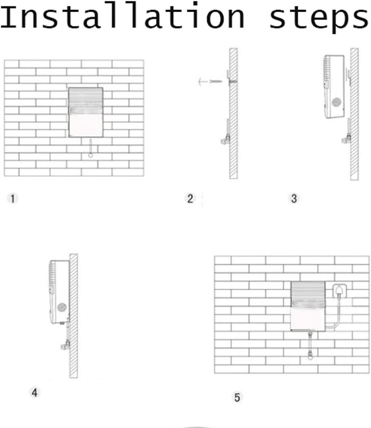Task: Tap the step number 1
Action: click(x=13, y=198)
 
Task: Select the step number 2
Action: click(x=190, y=198)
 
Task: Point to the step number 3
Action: click(x=294, y=198)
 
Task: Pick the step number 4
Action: click(x=35, y=393)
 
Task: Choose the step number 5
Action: click(x=237, y=397)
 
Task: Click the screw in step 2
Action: click(x=216, y=81)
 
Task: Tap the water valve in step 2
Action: click(x=226, y=139)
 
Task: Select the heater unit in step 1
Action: click(x=86, y=112)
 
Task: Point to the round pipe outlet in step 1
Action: click(x=91, y=156)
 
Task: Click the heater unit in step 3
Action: click(x=334, y=86)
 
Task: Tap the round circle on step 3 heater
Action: click(x=336, y=102)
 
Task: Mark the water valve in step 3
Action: click(x=347, y=138)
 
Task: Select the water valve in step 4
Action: click(x=65, y=345)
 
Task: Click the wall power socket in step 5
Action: click(x=339, y=291)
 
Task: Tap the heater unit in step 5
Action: click(x=308, y=306)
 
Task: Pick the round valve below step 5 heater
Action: click(x=310, y=356)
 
